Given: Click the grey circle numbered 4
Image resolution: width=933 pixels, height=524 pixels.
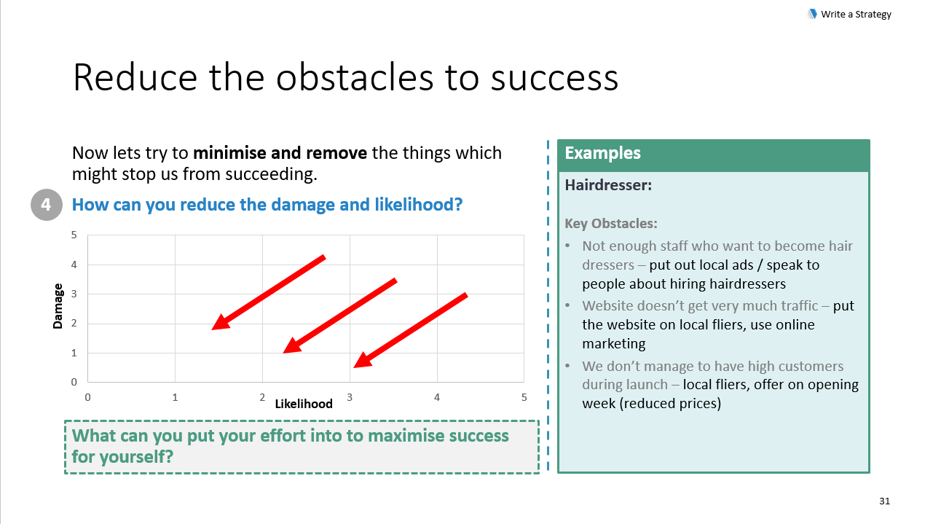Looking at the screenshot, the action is (46, 205).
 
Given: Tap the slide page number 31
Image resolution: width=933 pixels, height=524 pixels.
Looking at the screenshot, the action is (884, 501).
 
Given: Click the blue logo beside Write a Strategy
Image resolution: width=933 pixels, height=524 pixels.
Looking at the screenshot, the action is (812, 14).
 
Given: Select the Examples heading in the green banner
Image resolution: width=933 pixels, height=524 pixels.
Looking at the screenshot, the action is (602, 153).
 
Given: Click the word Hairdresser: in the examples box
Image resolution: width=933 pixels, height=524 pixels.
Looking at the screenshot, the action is (608, 185).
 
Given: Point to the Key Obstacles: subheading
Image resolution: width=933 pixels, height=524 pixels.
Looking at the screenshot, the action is (610, 224).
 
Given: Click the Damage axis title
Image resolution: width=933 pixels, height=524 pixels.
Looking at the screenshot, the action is (58, 306).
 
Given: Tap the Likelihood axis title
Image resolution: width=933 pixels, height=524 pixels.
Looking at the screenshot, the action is (304, 404).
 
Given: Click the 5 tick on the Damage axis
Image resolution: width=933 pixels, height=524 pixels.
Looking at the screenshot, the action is (74, 235).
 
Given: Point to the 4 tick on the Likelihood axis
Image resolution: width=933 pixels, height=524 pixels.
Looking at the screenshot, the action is (436, 397).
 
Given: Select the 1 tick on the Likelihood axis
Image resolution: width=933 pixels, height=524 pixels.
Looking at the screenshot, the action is (175, 397).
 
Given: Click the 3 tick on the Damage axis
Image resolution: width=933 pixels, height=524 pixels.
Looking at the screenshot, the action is (74, 294).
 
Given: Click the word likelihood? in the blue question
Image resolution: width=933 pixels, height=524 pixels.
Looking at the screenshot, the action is (418, 205).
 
